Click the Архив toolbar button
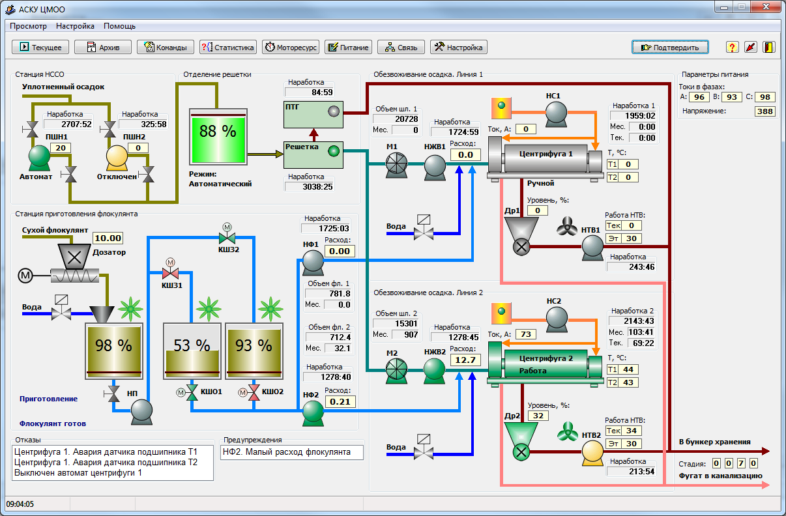point(103,47)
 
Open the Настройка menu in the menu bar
point(75,26)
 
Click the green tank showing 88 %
point(218,137)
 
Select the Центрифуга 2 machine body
point(546,364)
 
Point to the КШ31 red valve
point(171,272)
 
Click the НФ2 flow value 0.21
point(340,401)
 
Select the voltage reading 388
point(765,111)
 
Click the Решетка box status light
point(334,151)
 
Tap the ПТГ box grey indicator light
point(334,111)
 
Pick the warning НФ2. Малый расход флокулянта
point(287,451)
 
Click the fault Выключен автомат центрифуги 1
point(78,472)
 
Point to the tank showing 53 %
point(192,351)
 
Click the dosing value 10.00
point(108,238)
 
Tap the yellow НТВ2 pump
point(592,453)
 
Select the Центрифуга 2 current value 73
point(526,334)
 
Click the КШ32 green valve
point(227,238)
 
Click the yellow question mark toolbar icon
point(732,47)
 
